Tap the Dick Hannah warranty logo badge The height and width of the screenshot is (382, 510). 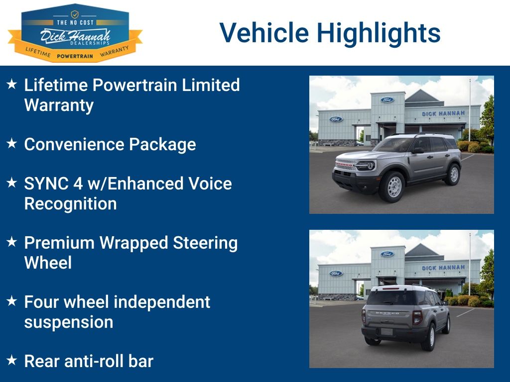(75, 34)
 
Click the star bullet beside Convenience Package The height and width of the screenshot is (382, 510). (12, 144)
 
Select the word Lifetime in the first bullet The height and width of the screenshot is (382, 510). (56, 85)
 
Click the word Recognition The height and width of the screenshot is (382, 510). (70, 203)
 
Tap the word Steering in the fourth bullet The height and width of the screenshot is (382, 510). (205, 243)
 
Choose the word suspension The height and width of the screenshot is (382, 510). (68, 322)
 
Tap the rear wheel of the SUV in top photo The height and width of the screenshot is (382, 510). (453, 174)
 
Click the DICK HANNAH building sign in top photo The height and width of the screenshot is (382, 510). (443, 114)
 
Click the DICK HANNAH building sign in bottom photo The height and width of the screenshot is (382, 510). (443, 268)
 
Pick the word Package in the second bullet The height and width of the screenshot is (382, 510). (162, 144)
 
